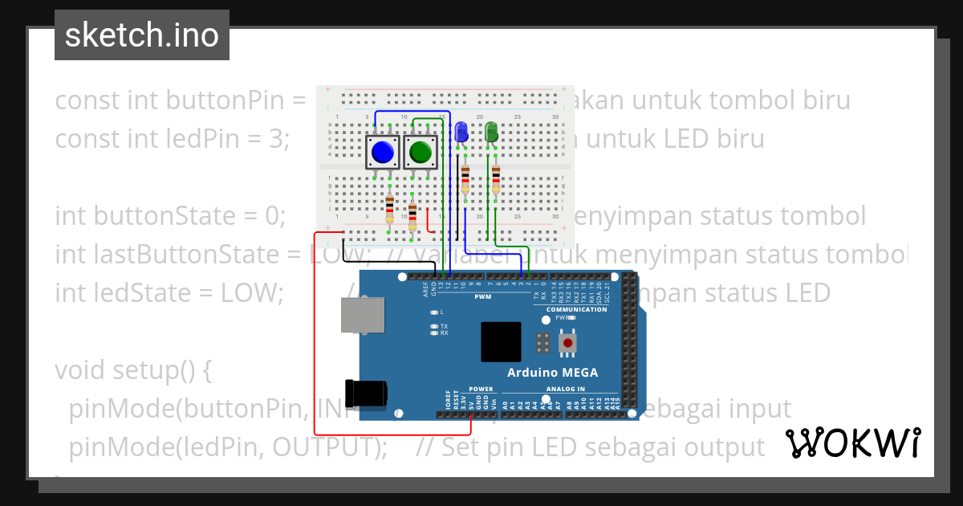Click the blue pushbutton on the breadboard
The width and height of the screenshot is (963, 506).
383,152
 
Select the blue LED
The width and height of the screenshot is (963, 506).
461,132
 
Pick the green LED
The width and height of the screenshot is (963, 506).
491,132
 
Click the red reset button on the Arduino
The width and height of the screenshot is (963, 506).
568,343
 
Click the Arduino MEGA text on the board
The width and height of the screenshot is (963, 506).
552,373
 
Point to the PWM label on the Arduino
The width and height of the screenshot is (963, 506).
483,296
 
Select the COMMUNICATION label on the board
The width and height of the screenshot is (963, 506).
576,309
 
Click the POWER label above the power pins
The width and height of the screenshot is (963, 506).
481,389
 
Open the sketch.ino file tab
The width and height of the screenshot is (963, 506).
142,35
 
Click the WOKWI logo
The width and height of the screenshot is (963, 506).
852,443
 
